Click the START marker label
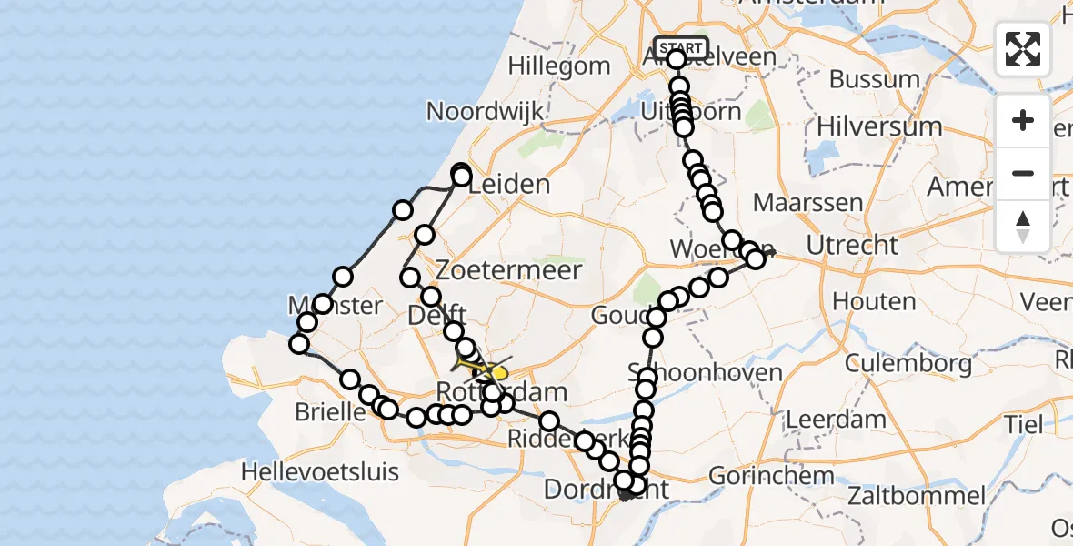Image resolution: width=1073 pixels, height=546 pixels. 680,47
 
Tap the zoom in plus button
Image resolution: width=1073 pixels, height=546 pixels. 1023,121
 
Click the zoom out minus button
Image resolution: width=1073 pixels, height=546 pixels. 1023,174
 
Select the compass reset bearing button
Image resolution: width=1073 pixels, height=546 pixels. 1023,226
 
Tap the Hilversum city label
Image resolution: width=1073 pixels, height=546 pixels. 879,126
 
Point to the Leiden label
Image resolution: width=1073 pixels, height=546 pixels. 515,185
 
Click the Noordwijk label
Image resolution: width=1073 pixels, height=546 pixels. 486,112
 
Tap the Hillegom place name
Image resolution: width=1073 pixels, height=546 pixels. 559,66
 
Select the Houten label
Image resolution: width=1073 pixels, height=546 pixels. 860,301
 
